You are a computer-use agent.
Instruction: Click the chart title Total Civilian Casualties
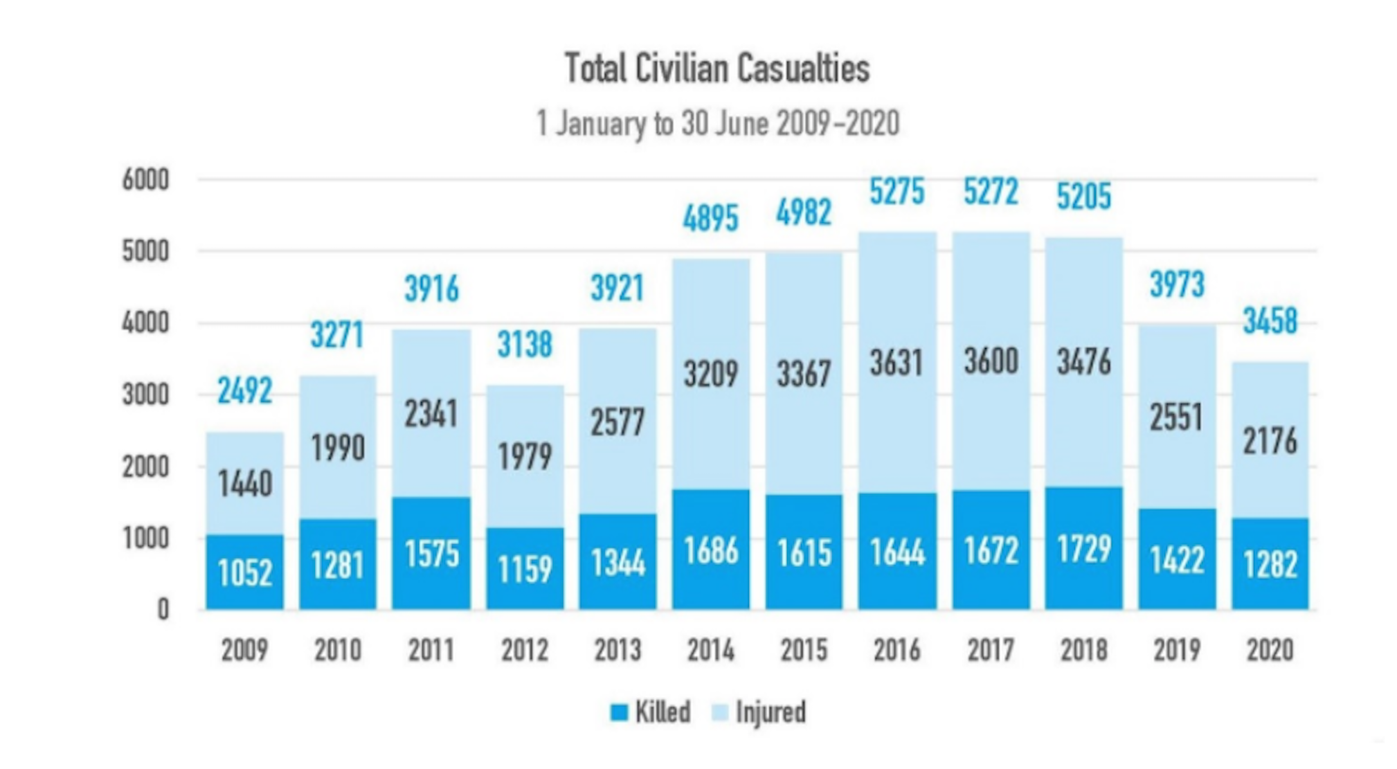[717, 69]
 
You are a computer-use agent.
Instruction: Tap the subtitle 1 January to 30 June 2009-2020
[717, 124]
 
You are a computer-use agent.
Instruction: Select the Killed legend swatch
[619, 712]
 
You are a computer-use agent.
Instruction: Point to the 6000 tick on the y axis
[145, 180]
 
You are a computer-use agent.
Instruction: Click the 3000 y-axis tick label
[145, 395]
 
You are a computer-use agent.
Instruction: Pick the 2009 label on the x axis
[244, 650]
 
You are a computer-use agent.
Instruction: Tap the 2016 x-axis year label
[897, 650]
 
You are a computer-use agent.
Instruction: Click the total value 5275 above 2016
[897, 192]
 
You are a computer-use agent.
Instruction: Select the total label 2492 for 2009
[244, 391]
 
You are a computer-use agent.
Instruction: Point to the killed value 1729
[1084, 549]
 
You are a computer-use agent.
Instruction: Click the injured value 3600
[991, 361]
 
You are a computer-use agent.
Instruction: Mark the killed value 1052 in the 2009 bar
[244, 573]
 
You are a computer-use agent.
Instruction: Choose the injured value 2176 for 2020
[1270, 441]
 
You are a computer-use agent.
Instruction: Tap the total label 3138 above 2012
[525, 344]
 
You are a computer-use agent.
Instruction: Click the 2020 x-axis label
[1270, 650]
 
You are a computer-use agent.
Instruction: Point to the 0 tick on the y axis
[163, 610]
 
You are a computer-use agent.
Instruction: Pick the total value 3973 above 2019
[1177, 284]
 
